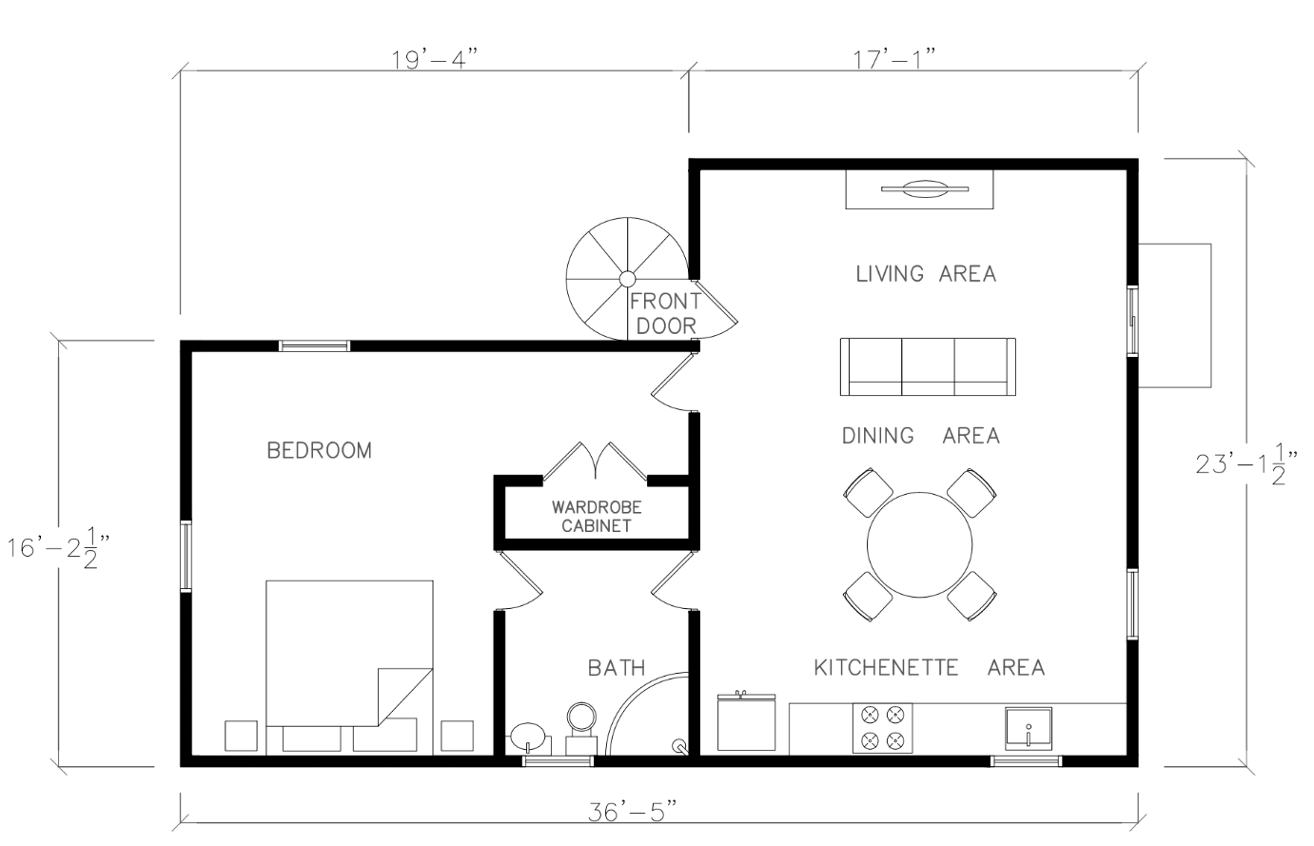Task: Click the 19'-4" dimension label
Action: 435,59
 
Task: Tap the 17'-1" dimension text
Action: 894,59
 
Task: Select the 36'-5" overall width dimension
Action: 633,812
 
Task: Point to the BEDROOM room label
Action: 320,450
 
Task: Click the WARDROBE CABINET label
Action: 597,517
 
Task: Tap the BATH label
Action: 617,668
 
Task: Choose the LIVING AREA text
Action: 926,274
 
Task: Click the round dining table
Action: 919,545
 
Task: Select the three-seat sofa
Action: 928,366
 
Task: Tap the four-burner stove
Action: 882,728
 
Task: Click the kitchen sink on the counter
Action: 1029,729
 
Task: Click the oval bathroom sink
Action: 528,737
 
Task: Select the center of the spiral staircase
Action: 627,279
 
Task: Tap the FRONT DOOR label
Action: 666,313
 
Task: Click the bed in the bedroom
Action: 349,668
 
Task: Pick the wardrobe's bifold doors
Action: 595,462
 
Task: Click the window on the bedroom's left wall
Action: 186,556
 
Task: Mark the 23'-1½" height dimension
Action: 1245,464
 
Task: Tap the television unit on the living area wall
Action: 919,189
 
